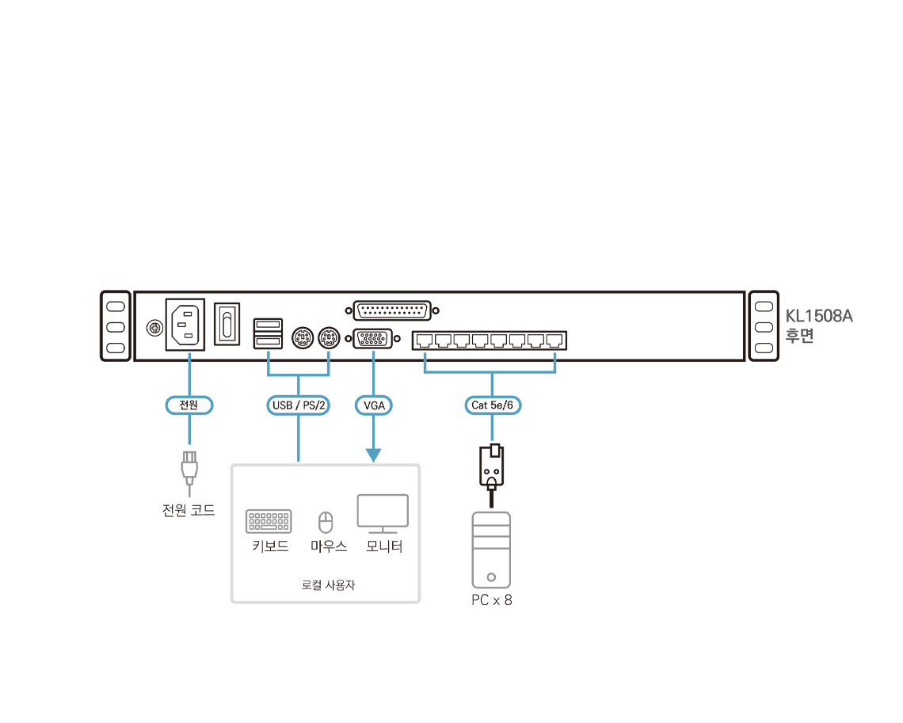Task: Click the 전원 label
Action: point(189,405)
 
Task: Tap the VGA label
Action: point(373,405)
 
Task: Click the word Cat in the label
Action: point(480,405)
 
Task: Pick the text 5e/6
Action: point(503,405)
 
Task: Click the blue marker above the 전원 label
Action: point(189,354)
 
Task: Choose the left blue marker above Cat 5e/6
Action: point(425,354)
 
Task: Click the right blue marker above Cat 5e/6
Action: point(555,354)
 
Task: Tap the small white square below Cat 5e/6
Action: point(495,451)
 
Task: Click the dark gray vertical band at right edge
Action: point(825,475)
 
